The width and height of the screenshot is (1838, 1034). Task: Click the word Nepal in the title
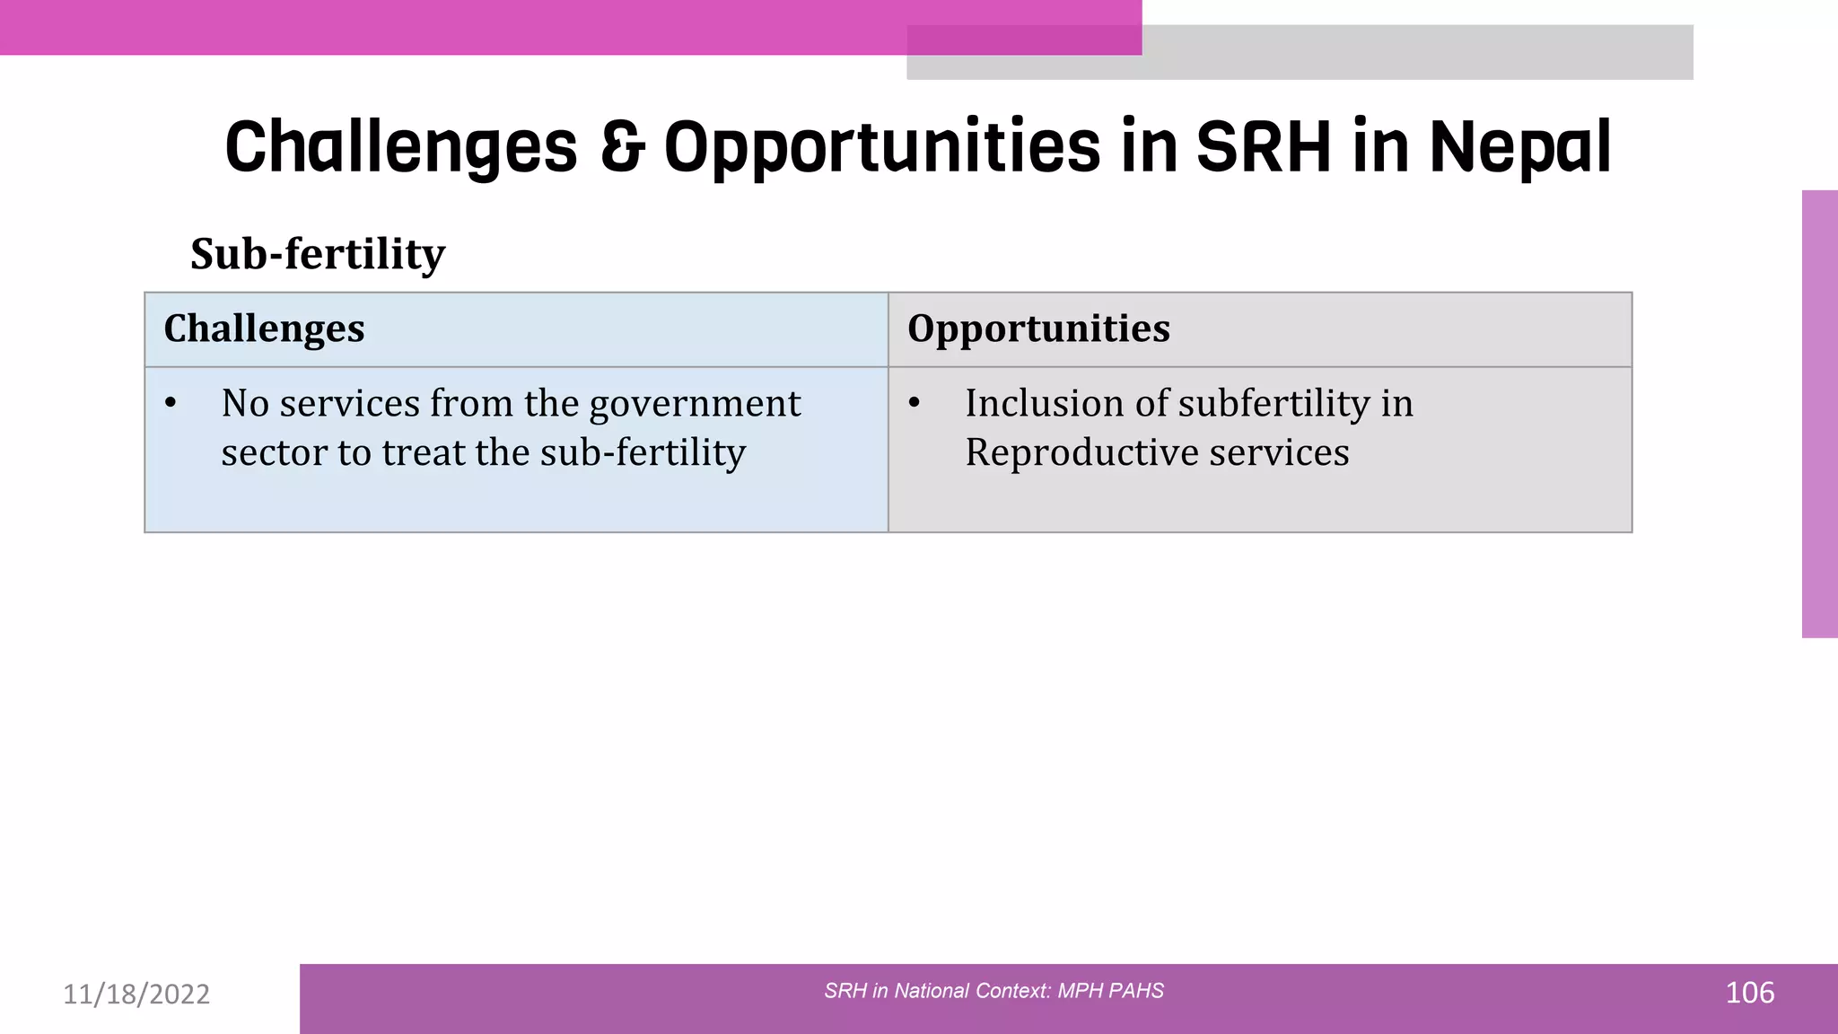pyautogui.click(x=1520, y=146)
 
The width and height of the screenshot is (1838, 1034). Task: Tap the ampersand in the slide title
pyautogui.click(x=622, y=146)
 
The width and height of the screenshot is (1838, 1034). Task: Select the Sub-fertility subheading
pyautogui.click(x=318, y=254)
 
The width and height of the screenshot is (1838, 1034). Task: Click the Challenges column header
pyautogui.click(x=264, y=329)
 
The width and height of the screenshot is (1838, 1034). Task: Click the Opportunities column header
pyautogui.click(x=1038, y=329)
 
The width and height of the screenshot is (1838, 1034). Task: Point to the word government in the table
pyautogui.click(x=695, y=404)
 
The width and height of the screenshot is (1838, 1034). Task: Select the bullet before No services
pyautogui.click(x=171, y=404)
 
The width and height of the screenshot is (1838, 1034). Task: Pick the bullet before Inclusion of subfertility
pyautogui.click(x=914, y=404)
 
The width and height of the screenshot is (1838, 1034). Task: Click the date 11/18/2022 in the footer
pyautogui.click(x=136, y=994)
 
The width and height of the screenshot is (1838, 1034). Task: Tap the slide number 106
pyautogui.click(x=1749, y=993)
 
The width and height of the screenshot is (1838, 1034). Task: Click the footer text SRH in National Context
pyautogui.click(x=993, y=991)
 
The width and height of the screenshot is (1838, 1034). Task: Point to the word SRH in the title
pyautogui.click(x=1264, y=146)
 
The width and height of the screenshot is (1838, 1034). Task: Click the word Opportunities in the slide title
pyautogui.click(x=881, y=148)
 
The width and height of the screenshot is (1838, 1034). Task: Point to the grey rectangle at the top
pyautogui.click(x=1418, y=52)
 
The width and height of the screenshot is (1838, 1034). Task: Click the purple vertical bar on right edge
pyautogui.click(x=1819, y=413)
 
